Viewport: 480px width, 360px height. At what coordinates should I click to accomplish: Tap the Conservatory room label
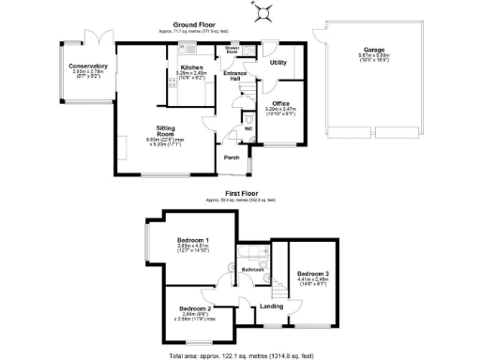click(x=88, y=67)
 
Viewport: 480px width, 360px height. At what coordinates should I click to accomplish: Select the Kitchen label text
click(x=191, y=68)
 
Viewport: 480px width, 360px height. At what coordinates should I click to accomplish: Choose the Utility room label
click(x=278, y=62)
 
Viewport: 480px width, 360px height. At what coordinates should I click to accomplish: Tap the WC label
click(x=248, y=128)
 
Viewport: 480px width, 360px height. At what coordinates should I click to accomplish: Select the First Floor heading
click(x=238, y=194)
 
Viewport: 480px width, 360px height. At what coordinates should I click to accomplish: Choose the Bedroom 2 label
click(x=196, y=307)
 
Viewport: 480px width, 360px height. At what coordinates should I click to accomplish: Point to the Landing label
click(x=272, y=306)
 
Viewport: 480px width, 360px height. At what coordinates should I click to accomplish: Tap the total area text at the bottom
click(x=239, y=354)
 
